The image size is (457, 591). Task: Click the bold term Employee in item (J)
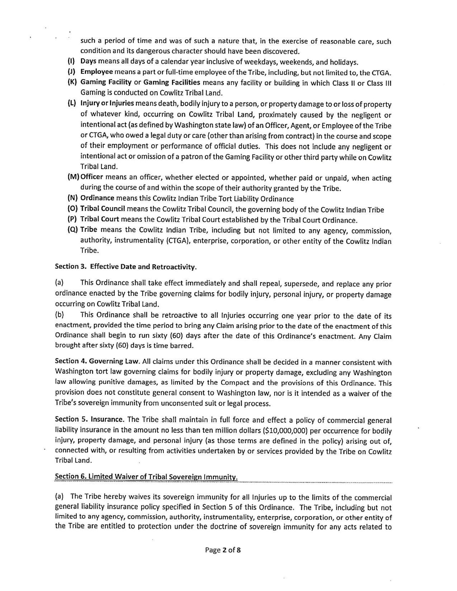click(96, 72)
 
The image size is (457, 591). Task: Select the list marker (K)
click(72, 82)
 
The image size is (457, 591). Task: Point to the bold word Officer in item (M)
click(91, 177)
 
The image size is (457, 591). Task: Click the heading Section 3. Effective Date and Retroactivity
click(126, 267)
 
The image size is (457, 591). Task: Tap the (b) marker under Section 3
click(59, 315)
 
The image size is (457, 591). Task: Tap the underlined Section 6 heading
click(146, 477)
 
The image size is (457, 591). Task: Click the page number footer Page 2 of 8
click(223, 550)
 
